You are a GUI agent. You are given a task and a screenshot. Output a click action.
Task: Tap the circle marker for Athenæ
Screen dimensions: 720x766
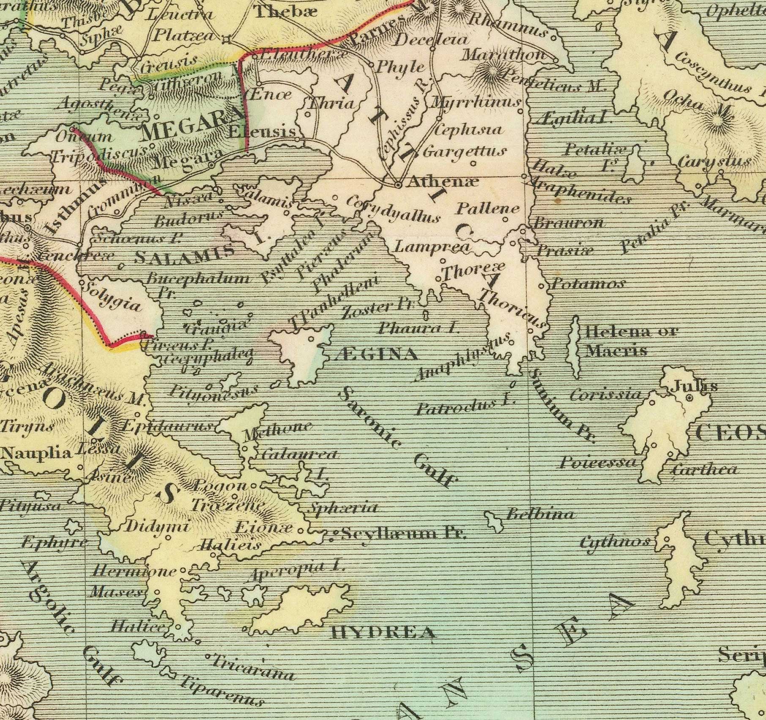(x=398, y=185)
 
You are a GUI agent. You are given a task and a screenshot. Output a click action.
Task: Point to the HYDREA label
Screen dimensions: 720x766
(x=383, y=633)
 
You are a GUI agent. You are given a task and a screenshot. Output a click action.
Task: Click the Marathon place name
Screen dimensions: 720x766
(x=504, y=55)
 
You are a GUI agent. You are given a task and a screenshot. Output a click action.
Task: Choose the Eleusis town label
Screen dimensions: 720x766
(x=262, y=132)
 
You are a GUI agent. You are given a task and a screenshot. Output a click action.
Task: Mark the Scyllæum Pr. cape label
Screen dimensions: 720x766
(x=403, y=534)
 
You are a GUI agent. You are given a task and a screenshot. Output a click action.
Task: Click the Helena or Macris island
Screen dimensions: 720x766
(x=575, y=347)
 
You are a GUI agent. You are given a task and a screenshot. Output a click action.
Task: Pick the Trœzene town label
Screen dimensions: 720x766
(x=228, y=505)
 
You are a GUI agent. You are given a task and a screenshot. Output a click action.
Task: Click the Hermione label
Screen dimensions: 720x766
(x=134, y=572)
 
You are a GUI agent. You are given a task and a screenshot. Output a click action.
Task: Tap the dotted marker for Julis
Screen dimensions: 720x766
(x=689, y=398)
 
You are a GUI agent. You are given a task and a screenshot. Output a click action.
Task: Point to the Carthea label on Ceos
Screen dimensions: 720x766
(x=704, y=469)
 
